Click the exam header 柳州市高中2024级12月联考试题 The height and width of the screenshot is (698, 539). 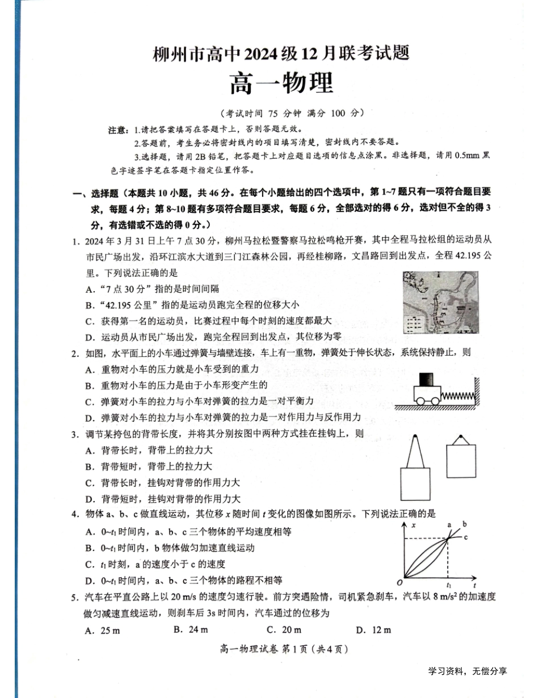pyautogui.click(x=281, y=54)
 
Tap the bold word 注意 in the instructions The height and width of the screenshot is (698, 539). pyautogui.click(x=117, y=130)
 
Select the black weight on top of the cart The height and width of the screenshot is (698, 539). pyautogui.click(x=428, y=380)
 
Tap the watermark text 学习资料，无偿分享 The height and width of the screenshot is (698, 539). pyautogui.click(x=468, y=671)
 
